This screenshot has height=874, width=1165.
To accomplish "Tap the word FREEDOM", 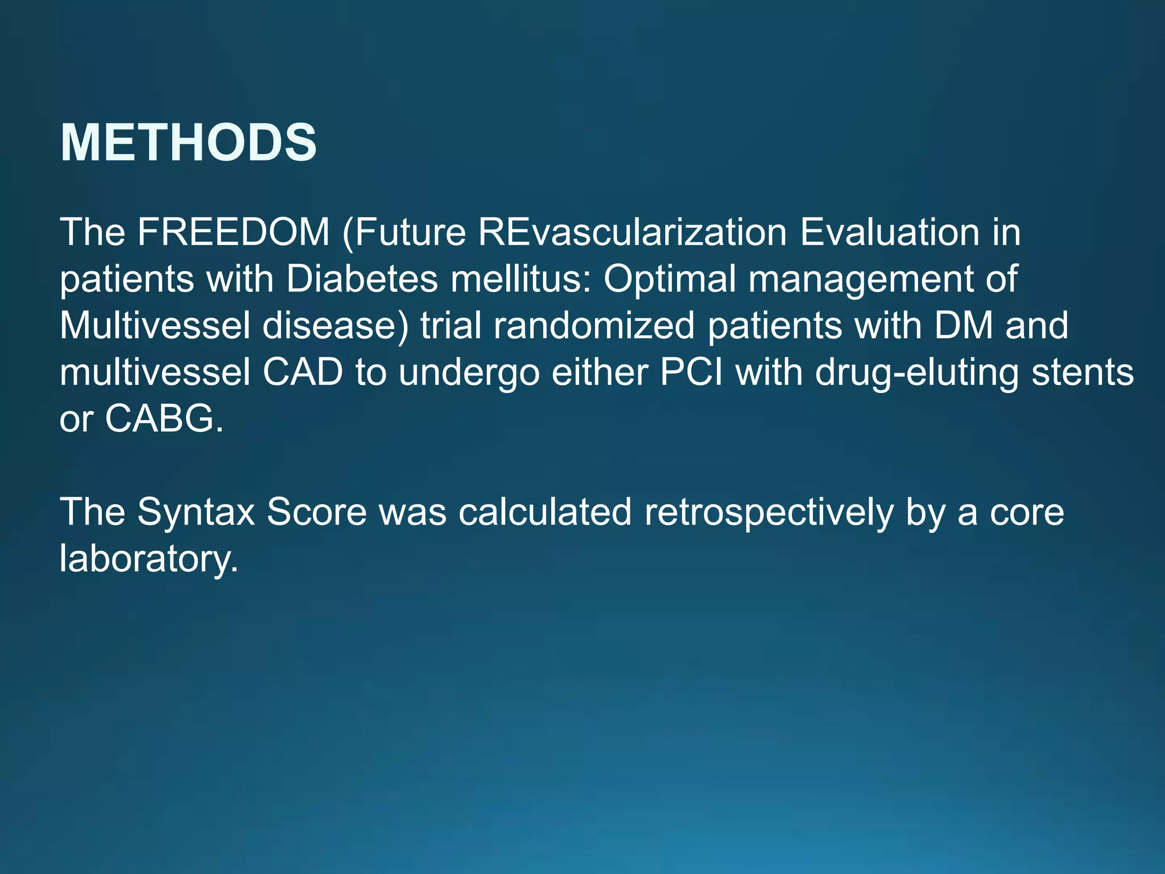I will click(x=233, y=232).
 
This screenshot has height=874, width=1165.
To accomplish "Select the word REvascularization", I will click(x=632, y=232).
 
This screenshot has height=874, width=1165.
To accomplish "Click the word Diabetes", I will click(x=362, y=279).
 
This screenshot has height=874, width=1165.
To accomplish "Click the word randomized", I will click(x=594, y=326).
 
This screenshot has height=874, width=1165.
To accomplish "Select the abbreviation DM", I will click(x=964, y=325).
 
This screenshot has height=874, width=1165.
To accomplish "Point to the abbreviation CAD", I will click(x=303, y=373).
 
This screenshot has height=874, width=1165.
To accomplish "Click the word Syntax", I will click(x=196, y=513).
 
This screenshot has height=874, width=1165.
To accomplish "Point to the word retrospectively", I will click(x=769, y=513).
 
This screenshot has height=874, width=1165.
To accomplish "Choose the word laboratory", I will click(x=148, y=559).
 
